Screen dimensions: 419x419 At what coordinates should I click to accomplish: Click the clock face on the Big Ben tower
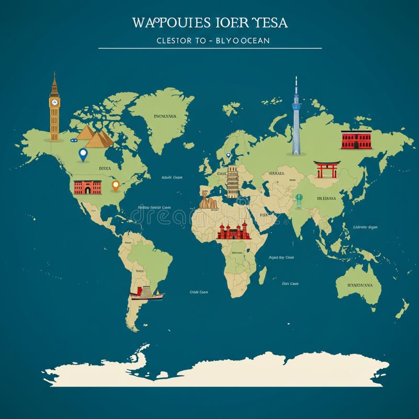pos(54,103)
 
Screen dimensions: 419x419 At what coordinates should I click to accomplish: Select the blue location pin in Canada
pos(82,154)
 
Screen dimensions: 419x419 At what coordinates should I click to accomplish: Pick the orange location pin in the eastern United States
pos(116,185)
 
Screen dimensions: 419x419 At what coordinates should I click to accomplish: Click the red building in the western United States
pos(87,187)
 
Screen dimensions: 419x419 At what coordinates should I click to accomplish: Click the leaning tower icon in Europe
pos(233,181)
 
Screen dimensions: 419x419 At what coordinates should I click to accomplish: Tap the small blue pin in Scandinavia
pos(228,155)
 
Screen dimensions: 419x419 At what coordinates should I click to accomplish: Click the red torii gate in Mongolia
pos(327,169)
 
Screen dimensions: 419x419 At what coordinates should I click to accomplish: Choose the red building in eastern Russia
pos(356,139)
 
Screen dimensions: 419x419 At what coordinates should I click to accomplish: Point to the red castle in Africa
pos(234,231)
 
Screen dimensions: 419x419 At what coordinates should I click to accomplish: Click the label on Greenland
pos(165,116)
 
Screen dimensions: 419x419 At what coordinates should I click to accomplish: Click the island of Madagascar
pos(262,274)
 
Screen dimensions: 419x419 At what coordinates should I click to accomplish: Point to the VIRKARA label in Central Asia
pos(276,173)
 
